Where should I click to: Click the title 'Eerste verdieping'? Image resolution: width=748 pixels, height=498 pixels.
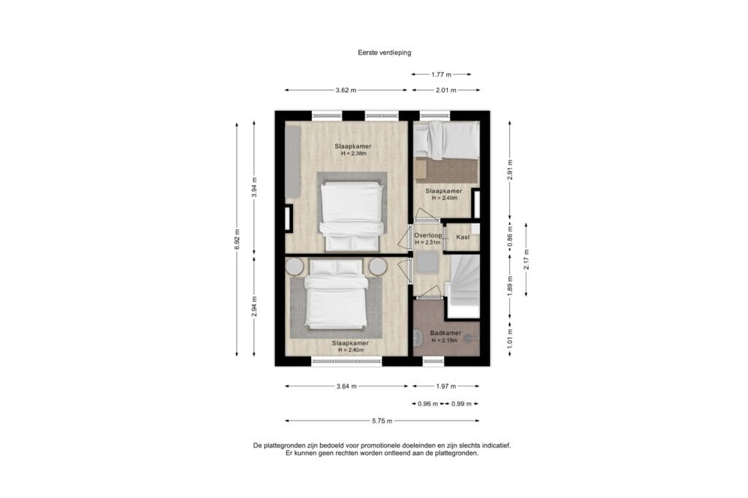coord(384,53)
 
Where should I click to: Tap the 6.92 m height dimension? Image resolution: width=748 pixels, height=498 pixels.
coord(237,239)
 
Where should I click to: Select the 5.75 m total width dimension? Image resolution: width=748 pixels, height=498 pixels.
coord(382,421)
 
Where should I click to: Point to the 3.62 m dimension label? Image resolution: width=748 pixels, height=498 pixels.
coord(346,90)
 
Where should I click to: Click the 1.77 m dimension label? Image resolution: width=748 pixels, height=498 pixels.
coord(441,74)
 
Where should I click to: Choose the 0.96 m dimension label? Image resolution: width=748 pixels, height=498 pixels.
coord(428,404)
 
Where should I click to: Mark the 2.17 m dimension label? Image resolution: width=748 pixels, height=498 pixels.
coord(526,259)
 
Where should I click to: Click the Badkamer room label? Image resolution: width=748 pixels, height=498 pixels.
coord(446,333)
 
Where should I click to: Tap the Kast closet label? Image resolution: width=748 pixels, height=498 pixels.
coord(462,237)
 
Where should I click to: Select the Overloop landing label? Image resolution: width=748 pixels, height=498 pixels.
coord(428,235)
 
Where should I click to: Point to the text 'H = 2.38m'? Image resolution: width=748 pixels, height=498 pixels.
coord(354,153)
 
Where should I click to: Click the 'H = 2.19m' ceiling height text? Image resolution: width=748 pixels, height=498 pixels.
coord(445,340)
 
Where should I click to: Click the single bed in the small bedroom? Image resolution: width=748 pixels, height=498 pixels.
coord(446,140)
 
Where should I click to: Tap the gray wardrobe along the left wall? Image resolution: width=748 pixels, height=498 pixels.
coord(292,162)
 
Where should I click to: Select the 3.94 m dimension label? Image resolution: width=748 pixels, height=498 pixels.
coord(254,187)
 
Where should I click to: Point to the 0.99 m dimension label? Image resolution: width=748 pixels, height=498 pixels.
coord(462,404)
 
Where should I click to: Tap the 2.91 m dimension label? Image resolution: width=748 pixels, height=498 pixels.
coord(510,169)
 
